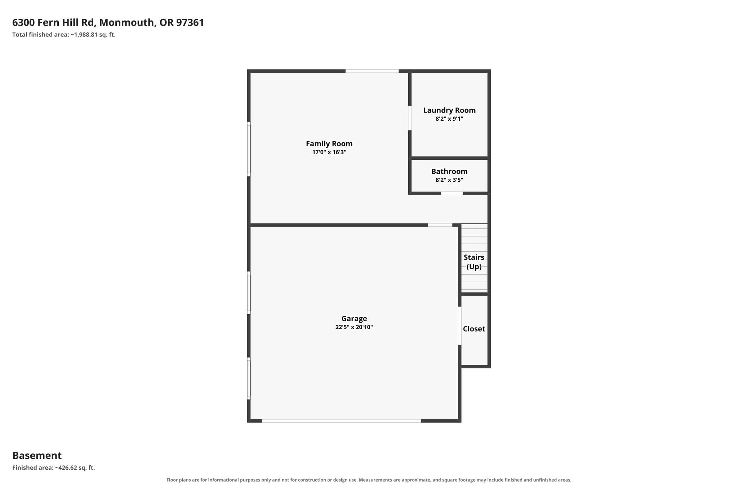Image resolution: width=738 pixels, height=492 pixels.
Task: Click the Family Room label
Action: pyautogui.click(x=329, y=143)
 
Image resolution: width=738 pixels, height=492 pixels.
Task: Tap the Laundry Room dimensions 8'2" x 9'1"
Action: pyautogui.click(x=449, y=119)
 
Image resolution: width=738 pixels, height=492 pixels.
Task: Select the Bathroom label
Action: pyautogui.click(x=449, y=171)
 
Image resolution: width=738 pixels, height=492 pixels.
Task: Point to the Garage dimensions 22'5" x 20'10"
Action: pyautogui.click(x=354, y=327)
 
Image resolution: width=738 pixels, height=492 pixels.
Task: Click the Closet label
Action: pyautogui.click(x=474, y=329)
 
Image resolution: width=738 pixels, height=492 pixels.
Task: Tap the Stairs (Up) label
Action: pyautogui.click(x=474, y=262)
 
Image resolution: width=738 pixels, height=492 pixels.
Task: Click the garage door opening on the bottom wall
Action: pyautogui.click(x=341, y=421)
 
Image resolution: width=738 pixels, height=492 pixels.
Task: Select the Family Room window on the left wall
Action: pyautogui.click(x=249, y=149)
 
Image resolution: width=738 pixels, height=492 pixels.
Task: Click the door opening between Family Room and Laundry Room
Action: pyautogui.click(x=410, y=118)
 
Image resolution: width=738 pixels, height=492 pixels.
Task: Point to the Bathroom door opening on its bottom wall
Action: pyautogui.click(x=452, y=194)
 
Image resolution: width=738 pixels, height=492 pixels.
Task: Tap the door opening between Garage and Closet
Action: pyautogui.click(x=459, y=326)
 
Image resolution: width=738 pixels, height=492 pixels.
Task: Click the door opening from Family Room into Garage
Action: pyautogui.click(x=440, y=225)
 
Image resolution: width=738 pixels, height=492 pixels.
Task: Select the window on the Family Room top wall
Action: pyautogui.click(x=372, y=71)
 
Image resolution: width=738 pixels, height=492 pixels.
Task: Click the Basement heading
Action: pyautogui.click(x=37, y=456)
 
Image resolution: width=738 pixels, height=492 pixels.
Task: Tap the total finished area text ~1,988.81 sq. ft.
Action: pyautogui.click(x=93, y=35)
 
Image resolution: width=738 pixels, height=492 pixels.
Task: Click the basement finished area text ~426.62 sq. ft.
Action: pyautogui.click(x=75, y=468)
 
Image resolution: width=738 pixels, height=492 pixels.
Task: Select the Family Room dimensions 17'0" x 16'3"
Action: pyautogui.click(x=329, y=152)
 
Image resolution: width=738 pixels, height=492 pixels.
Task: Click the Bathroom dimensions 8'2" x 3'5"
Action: pyautogui.click(x=449, y=180)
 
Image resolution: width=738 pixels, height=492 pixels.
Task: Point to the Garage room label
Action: pyautogui.click(x=354, y=319)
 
